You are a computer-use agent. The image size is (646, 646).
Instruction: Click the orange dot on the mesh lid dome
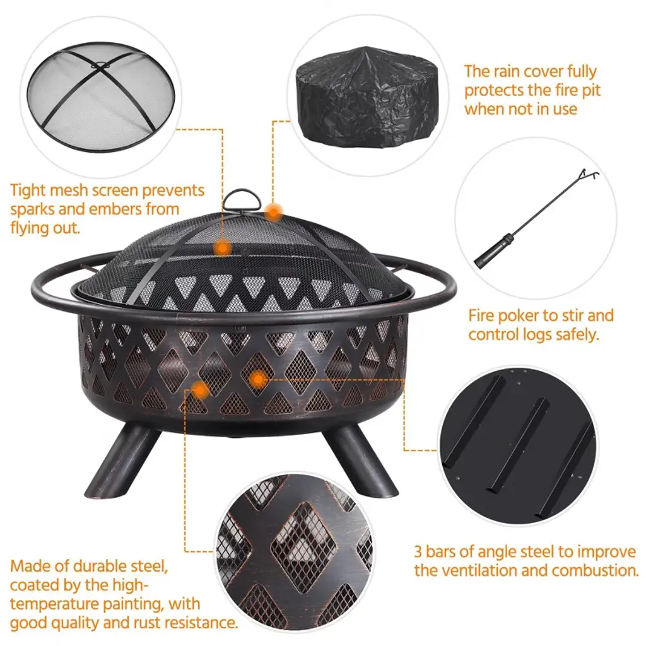(223, 248)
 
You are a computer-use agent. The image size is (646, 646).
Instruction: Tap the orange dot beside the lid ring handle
(273, 213)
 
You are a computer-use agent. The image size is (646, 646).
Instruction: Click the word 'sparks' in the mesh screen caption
(33, 209)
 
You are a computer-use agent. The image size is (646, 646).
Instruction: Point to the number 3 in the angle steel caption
(418, 551)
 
